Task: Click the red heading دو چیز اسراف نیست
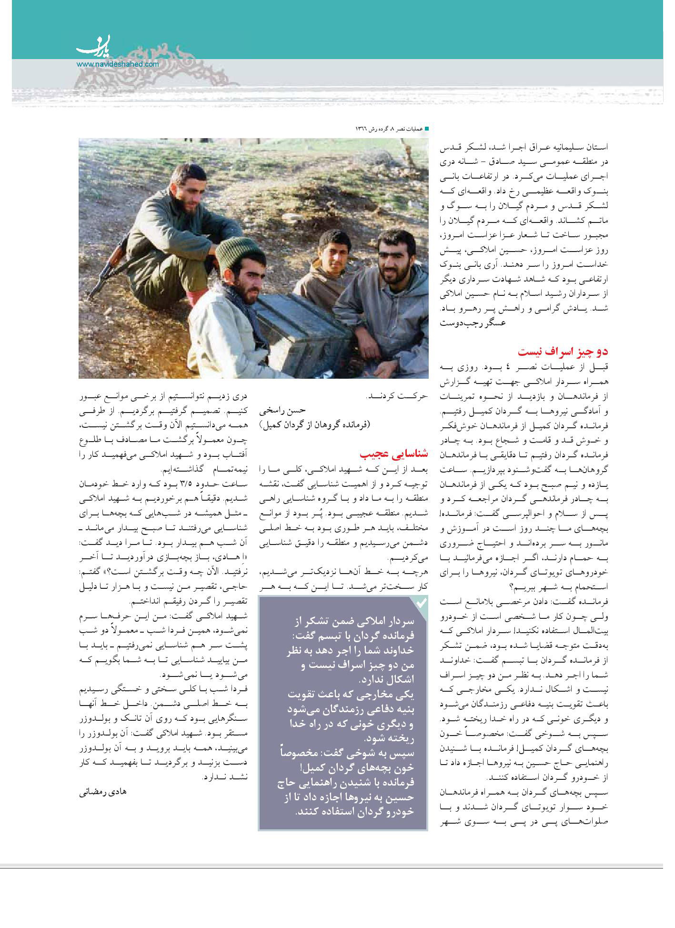[563, 353]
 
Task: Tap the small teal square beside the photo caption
[427, 129]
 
